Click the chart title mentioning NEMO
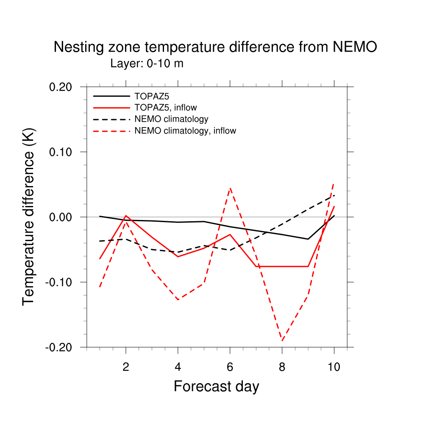tap(215, 47)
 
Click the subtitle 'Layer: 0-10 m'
tap(147, 64)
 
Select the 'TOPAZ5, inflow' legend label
tap(165, 107)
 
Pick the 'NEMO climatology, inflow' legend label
tap(185, 131)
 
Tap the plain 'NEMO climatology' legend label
tap(171, 119)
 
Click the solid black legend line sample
tap(111, 95)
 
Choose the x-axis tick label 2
tap(126, 367)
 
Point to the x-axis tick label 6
tap(230, 367)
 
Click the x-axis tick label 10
tap(334, 367)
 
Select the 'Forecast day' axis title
tap(216, 387)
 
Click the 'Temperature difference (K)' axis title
tap(29, 216)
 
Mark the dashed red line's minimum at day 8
tap(282, 340)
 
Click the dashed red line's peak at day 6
tap(230, 188)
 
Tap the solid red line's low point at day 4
tap(178, 257)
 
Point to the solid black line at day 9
tap(308, 239)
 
